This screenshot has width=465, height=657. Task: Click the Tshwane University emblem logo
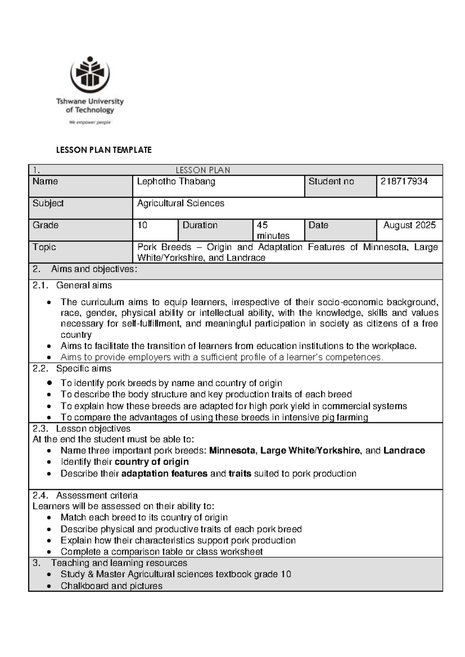point(90,74)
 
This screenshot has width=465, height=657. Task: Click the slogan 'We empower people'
point(90,122)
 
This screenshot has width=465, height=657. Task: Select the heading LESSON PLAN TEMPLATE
point(104,150)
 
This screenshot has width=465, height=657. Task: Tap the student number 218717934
point(404,181)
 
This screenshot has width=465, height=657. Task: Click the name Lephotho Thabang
point(176,181)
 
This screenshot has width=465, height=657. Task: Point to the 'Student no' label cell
point(331,181)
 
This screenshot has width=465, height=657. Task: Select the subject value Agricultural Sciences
point(181,203)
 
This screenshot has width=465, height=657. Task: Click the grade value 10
point(142,225)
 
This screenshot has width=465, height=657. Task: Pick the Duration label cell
point(200,225)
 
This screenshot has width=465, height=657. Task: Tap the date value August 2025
point(409,225)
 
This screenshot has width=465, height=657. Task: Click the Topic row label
point(44,247)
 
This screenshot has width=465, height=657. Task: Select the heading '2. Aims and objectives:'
point(84,269)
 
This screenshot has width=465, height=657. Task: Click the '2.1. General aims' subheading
point(72,286)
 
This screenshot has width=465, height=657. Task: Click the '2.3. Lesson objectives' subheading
point(81,428)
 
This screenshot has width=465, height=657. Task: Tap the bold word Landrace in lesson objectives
point(404,451)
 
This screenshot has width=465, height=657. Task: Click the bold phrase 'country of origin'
point(152,462)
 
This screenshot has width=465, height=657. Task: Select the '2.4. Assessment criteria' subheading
point(85,495)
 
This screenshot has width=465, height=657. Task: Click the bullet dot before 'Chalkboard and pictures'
point(48,586)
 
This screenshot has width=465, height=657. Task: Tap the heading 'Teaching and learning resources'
point(119,563)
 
